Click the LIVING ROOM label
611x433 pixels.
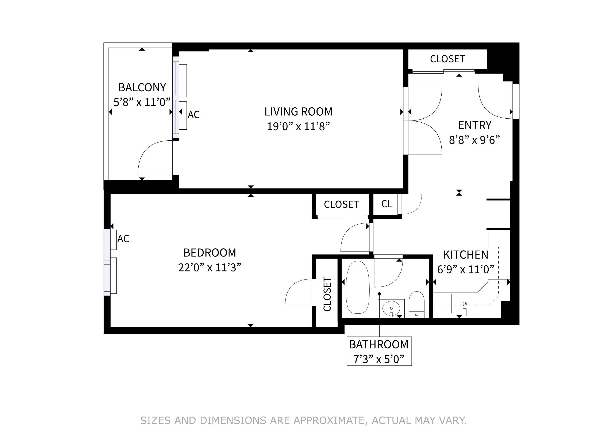pos(298,112)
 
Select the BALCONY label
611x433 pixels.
pos(142,88)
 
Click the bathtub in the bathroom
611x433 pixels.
pos(358,287)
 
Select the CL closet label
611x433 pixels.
pos(387,204)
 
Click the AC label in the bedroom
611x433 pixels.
pos(123,239)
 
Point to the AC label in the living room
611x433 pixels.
pos(193,115)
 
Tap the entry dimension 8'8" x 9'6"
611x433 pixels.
pos(474,140)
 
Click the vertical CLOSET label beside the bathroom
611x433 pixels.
pos(327,294)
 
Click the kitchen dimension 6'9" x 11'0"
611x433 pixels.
pos(465,270)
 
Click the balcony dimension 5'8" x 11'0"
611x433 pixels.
pos(142,102)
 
